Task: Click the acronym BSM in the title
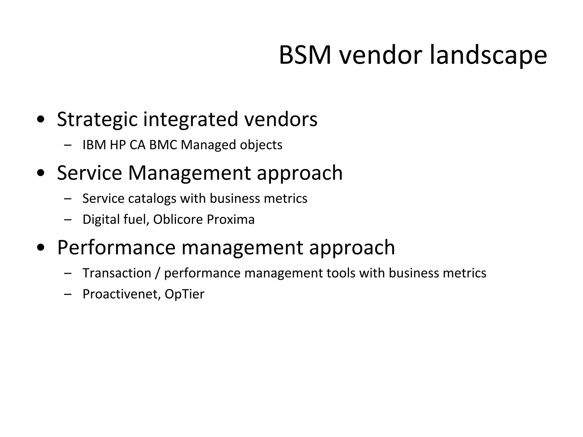[x=305, y=55]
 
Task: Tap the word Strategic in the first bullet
[x=97, y=119]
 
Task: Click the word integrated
[x=190, y=119]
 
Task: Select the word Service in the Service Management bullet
[x=89, y=173]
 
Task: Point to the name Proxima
[x=231, y=219]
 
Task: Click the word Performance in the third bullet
[x=116, y=248]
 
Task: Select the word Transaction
[x=117, y=273]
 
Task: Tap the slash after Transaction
[x=157, y=273]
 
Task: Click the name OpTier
[x=184, y=294]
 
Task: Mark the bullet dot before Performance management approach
[x=41, y=248]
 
